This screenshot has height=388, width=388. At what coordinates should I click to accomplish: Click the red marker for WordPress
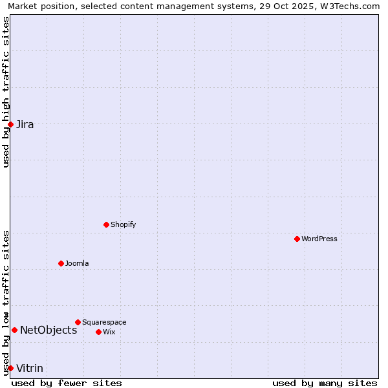[x=297, y=239]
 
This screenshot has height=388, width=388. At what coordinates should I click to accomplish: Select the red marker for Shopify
[x=106, y=224]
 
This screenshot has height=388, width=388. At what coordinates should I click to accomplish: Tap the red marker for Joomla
[x=61, y=263]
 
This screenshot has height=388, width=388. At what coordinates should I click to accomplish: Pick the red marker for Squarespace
[x=78, y=322]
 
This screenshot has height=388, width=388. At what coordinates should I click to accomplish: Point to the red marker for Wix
[x=98, y=332]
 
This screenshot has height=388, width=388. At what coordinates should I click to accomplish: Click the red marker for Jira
[x=10, y=124]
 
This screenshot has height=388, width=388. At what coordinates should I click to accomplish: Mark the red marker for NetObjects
[x=14, y=330]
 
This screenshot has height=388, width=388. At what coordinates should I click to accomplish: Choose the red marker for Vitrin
[x=10, y=368]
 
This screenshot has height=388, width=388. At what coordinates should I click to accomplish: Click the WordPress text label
[x=319, y=239]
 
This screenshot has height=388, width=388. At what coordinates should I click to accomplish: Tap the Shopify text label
[x=123, y=224]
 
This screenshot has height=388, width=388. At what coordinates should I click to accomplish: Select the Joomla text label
[x=77, y=263]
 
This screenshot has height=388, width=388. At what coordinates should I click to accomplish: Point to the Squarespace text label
[x=104, y=322]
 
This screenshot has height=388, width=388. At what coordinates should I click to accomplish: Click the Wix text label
[x=109, y=332]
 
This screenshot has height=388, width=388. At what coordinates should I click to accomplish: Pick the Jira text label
[x=25, y=124]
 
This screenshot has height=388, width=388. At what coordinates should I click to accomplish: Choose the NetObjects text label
[x=48, y=330]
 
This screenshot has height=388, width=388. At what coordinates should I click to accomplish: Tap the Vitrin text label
[x=30, y=368]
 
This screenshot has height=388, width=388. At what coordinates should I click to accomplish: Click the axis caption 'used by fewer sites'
[x=67, y=383]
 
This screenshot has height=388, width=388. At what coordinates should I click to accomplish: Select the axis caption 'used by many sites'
[x=325, y=383]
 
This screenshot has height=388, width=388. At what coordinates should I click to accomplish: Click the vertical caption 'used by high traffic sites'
[x=6, y=92]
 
